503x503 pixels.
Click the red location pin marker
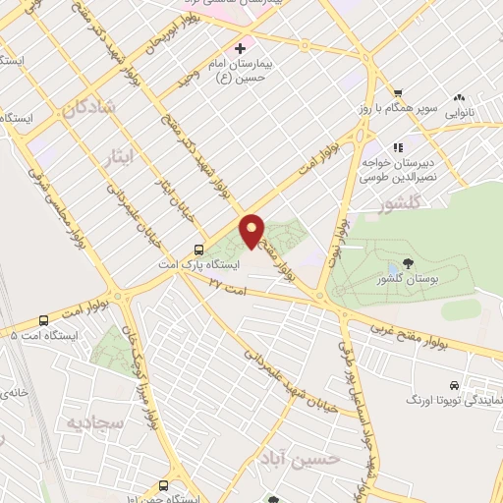252,229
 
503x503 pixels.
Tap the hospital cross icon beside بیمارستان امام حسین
240,48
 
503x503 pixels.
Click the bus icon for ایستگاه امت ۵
43,320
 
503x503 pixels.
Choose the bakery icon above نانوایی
459,97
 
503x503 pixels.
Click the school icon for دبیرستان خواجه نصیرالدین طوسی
398,148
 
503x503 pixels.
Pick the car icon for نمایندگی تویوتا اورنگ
453,386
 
